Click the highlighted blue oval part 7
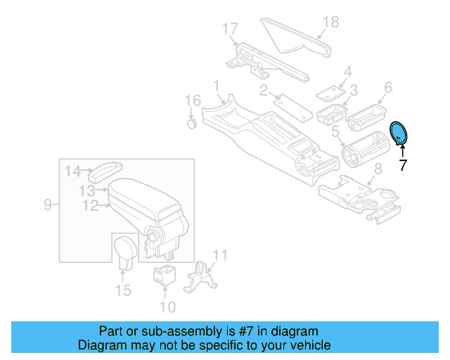(399, 132)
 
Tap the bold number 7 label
(402, 166)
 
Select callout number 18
(330, 22)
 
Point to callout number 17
(231, 30)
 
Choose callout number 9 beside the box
(48, 205)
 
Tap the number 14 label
(73, 170)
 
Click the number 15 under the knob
(123, 290)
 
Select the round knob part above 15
(124, 250)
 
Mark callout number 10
(167, 307)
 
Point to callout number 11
(220, 255)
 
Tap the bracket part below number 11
(200, 277)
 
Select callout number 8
(378, 169)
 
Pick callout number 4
(347, 72)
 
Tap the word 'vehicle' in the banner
(309, 345)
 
